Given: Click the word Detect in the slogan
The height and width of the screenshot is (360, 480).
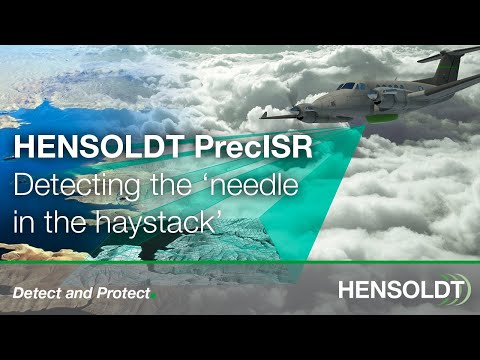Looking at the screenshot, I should tap(39, 294).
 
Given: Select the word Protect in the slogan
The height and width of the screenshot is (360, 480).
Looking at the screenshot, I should tap(123, 294).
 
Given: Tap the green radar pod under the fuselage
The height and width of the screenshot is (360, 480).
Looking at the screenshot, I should tap(379, 118).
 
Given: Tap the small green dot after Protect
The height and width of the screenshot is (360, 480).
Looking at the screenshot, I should tap(154, 298).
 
